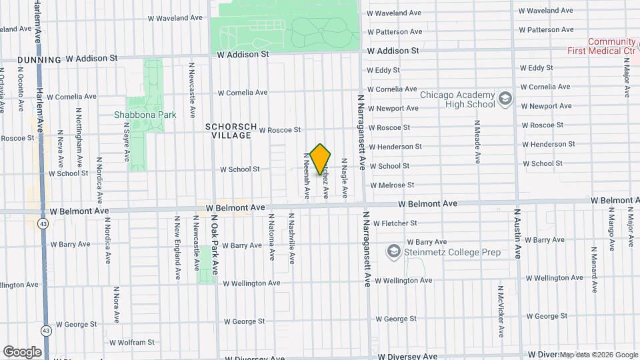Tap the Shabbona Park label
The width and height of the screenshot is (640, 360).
[x=145, y=115]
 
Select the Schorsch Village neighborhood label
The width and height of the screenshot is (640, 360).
[x=229, y=131]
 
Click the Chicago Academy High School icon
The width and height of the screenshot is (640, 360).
[x=505, y=99]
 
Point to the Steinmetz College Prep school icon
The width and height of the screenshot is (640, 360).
[x=394, y=252]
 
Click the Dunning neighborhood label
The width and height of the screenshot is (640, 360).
[x=39, y=59]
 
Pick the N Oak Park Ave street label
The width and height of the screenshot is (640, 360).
[x=215, y=245]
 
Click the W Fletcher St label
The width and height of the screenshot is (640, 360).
[x=395, y=223]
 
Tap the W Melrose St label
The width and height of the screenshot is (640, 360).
[x=392, y=185]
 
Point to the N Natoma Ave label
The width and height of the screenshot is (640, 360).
[x=271, y=237]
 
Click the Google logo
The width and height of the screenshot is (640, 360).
[x=22, y=351]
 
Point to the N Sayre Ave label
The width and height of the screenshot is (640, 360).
[x=126, y=141]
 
